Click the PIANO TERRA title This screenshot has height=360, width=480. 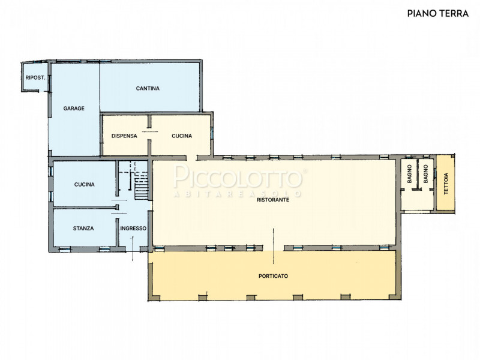point(438,13)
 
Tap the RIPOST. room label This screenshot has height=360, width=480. point(35,78)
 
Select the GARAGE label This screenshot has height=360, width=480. point(74,109)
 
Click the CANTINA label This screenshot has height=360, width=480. point(148,88)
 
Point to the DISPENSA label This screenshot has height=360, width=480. point(124,136)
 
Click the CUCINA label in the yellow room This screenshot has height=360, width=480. point(182,136)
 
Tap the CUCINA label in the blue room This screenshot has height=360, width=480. point(84,185)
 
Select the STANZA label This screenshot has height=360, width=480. point(83,229)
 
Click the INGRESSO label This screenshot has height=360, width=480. point(133,229)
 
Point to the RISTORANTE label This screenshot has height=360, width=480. point(273,200)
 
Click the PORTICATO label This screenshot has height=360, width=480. point(274,276)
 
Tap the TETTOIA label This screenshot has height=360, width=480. point(446,184)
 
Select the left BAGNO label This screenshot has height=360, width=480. point(410,174)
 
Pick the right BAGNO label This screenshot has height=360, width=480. point(425,174)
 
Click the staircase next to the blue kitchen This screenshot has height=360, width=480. point(141,185)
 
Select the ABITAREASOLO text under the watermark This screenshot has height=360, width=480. point(238,194)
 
